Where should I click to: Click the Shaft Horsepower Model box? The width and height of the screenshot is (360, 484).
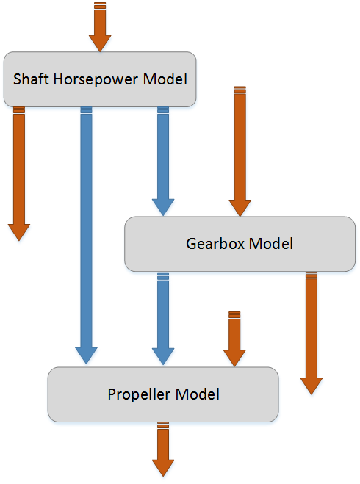click(100, 79)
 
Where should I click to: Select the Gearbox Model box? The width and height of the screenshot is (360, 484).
click(240, 244)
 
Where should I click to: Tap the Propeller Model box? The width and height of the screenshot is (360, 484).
click(163, 394)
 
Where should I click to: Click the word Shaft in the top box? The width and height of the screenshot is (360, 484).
click(31, 79)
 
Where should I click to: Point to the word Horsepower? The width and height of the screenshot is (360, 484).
click(96, 79)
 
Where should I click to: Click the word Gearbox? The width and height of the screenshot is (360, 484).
click(215, 244)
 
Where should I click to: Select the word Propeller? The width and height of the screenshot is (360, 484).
click(140, 395)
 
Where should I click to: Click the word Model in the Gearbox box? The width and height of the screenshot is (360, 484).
click(271, 244)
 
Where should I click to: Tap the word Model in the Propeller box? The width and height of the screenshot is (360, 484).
click(198, 394)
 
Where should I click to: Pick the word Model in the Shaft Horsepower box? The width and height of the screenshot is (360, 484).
click(165, 79)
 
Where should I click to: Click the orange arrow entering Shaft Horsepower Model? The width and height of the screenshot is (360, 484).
click(100, 27)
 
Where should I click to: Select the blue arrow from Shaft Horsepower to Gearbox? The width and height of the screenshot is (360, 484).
click(163, 162)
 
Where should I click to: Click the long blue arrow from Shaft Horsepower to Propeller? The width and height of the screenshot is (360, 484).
click(86, 236)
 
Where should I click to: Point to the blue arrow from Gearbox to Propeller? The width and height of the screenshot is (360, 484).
click(163, 319)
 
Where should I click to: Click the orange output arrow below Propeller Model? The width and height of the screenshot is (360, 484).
click(163, 449)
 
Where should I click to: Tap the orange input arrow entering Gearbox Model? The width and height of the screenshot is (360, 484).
click(240, 151)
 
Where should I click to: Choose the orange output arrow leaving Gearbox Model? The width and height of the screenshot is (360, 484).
click(312, 333)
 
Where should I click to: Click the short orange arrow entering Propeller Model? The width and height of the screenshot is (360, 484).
click(234, 339)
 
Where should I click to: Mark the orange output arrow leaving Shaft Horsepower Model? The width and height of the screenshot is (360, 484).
click(19, 174)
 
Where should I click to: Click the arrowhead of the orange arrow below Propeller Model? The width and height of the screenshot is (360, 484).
click(163, 468)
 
